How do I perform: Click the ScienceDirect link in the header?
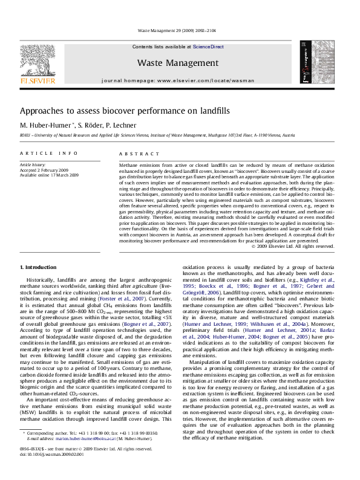(208, 47)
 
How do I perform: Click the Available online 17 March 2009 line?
(49, 175)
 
